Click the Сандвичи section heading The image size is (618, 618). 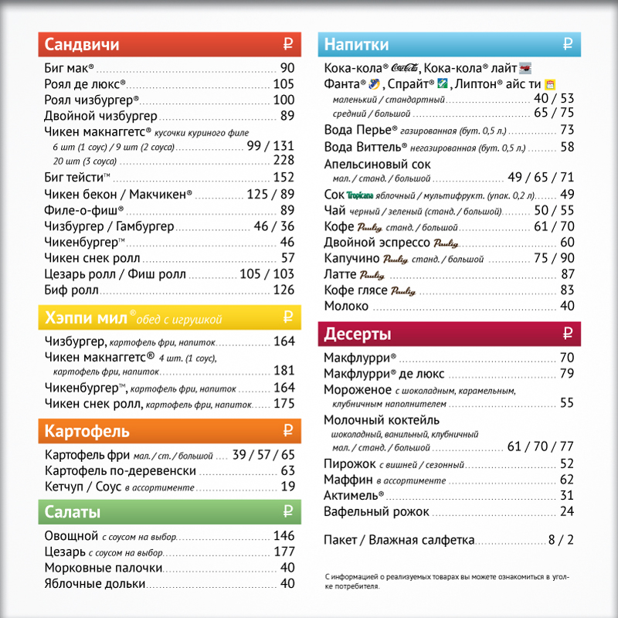point(82,44)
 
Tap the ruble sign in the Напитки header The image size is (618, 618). point(567,44)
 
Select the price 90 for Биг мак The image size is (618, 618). point(287,68)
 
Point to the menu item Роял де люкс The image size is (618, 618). point(85,83)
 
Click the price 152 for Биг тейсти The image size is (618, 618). point(284,177)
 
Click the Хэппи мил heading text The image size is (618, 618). point(85,318)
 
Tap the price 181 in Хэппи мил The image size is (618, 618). point(284,371)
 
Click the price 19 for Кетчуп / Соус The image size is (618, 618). point(288,487)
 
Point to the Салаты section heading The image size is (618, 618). point(73,512)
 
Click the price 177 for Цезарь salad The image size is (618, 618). point(284,552)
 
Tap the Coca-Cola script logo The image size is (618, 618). point(405,68)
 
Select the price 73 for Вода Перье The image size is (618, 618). point(567,130)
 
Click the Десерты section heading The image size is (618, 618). point(358,334)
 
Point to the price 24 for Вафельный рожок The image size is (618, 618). point(567,511)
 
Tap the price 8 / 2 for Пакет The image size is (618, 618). point(561,541)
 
